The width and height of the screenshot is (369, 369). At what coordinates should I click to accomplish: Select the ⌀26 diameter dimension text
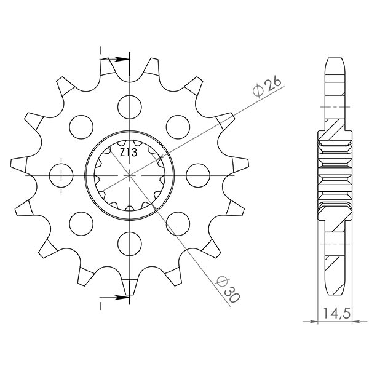(x=266, y=87)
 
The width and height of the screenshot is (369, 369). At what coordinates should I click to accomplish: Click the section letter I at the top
(x=100, y=50)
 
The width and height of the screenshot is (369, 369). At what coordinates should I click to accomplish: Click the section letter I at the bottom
(x=100, y=304)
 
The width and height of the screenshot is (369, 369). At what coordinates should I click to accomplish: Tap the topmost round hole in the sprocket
(x=130, y=103)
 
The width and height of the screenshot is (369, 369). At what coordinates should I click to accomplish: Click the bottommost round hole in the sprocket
(x=130, y=240)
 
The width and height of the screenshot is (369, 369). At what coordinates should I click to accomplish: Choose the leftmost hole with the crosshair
(x=63, y=172)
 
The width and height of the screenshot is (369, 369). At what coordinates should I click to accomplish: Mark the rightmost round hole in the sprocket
(x=198, y=172)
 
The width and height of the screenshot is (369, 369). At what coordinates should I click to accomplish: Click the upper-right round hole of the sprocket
(x=178, y=124)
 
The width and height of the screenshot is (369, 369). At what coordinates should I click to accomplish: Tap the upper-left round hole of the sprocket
(x=82, y=125)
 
